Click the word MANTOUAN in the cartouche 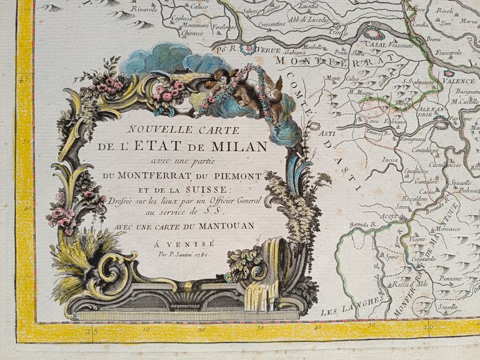(x=225, y=225)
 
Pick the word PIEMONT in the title (x=241, y=175)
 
